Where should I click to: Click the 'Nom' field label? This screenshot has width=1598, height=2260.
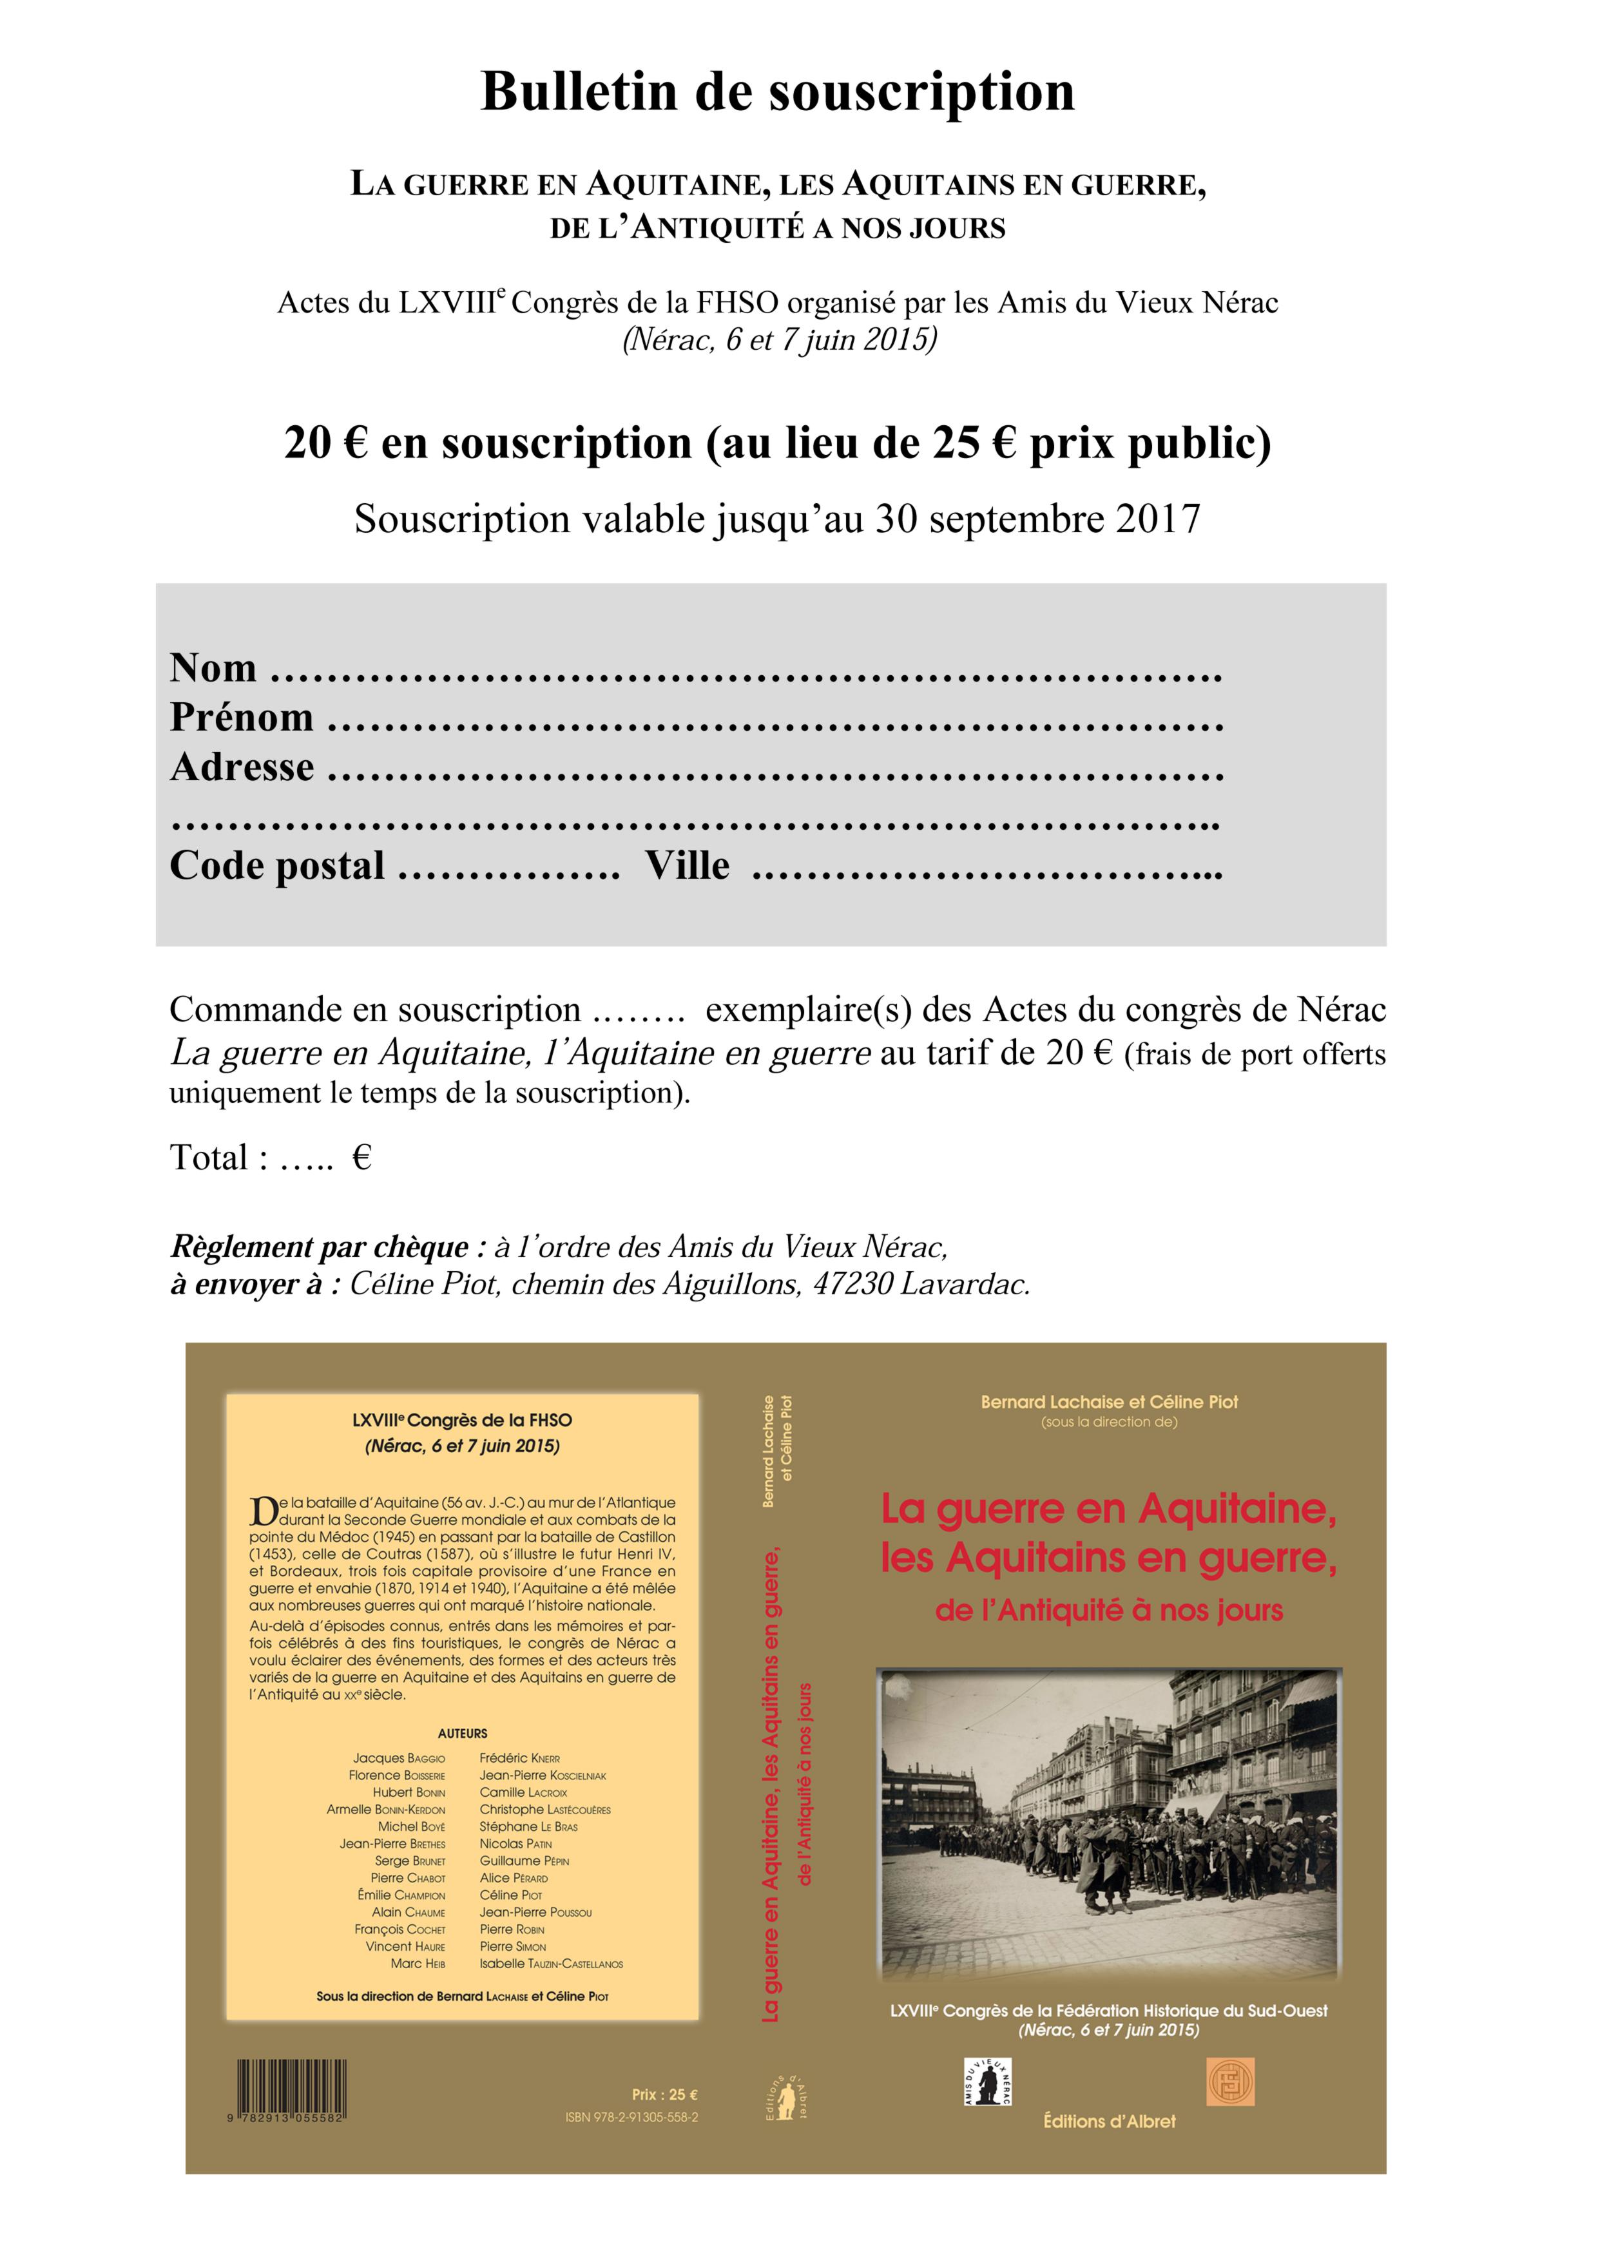pyautogui.click(x=213, y=667)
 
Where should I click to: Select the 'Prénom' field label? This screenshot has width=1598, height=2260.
pyautogui.click(x=241, y=718)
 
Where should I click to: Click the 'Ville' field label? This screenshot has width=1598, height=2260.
pyautogui.click(x=688, y=867)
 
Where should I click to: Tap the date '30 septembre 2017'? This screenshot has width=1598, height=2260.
pyautogui.click(x=1038, y=519)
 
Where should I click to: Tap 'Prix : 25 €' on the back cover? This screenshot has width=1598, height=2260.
pyautogui.click(x=664, y=2094)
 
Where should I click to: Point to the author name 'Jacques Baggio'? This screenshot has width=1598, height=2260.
pyautogui.click(x=399, y=1758)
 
